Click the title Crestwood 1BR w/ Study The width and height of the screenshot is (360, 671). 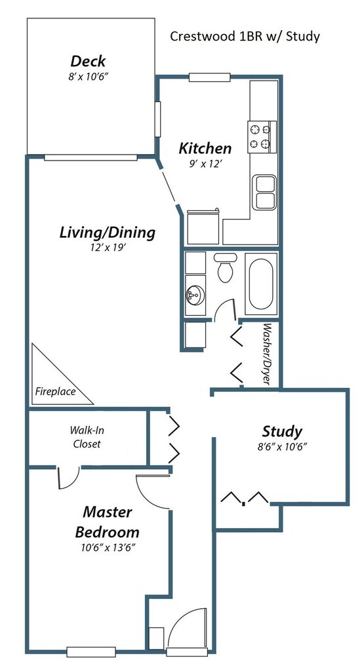tap(245, 37)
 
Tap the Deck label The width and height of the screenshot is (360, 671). tap(88, 61)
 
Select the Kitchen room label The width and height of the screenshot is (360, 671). tap(205, 149)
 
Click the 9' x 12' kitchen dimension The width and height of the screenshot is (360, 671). tap(205, 163)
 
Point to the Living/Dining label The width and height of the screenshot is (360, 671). tap(107, 233)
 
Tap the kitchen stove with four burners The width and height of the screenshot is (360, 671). tap(262, 137)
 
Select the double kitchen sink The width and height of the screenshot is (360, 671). tap(264, 192)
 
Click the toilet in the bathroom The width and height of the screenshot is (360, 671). tap(225, 268)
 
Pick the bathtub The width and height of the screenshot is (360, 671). tap(261, 283)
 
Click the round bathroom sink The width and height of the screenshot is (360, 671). tap(195, 296)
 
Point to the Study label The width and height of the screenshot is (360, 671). tap(282, 431)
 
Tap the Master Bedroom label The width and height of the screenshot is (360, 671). tap(107, 522)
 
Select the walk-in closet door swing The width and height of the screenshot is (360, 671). tap(68, 478)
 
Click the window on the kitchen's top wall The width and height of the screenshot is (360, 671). tap(210, 77)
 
